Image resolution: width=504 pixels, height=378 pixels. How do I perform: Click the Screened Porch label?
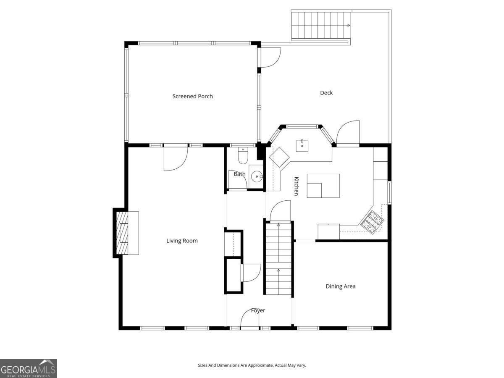[x=192, y=96]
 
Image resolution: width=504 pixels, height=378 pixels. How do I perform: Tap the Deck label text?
[x=326, y=93]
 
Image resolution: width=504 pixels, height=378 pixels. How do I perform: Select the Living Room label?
[x=182, y=241]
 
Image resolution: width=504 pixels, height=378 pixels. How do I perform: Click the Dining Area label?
[x=341, y=286]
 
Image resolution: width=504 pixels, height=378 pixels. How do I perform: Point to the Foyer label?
[x=258, y=310]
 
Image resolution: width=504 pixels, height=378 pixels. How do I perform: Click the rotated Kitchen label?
[x=296, y=186]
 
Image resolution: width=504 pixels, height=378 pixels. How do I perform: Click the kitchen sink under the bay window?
[x=302, y=146]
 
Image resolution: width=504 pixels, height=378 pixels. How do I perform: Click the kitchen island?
[x=323, y=186]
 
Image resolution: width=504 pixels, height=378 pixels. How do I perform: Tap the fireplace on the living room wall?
[x=126, y=233]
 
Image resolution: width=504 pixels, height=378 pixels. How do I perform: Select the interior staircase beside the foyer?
[x=278, y=258]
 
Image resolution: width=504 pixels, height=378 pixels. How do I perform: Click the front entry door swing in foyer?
[x=249, y=319]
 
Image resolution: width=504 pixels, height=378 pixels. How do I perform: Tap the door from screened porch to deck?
[x=270, y=58]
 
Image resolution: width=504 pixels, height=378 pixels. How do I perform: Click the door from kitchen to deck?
[x=348, y=133]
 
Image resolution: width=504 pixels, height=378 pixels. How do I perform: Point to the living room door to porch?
[x=175, y=158]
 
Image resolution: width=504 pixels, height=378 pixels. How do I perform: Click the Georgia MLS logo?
[x=28, y=368]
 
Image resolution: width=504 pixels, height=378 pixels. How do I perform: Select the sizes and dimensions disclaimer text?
[x=252, y=365]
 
